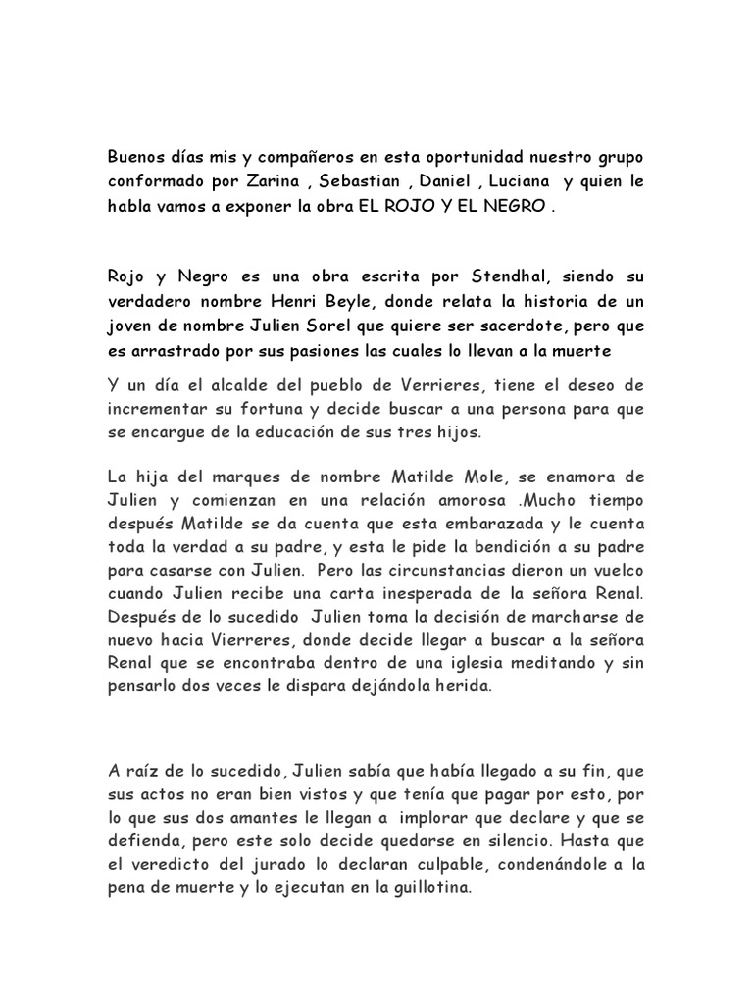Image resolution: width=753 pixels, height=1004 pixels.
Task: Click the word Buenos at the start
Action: point(134,159)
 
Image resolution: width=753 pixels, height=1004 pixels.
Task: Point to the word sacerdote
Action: point(512,325)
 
